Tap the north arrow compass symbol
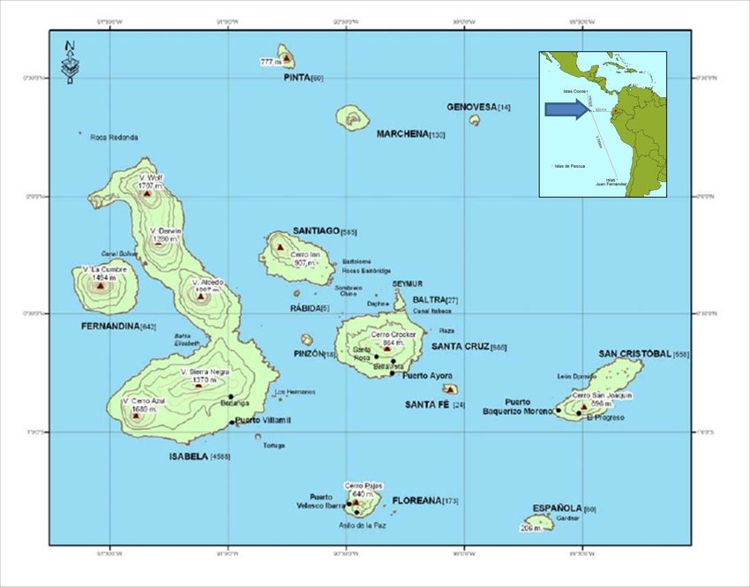tap(70, 61)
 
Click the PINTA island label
tap(297, 78)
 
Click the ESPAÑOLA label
tap(558, 508)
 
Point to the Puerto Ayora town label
tap(426, 376)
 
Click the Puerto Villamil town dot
tap(232, 422)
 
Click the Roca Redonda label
tap(114, 138)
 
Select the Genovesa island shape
tap(474, 119)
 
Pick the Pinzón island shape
tap(307, 340)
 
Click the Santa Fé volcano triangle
tap(450, 388)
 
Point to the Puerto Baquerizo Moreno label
tap(518, 406)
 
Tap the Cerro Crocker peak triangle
tap(386, 348)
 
